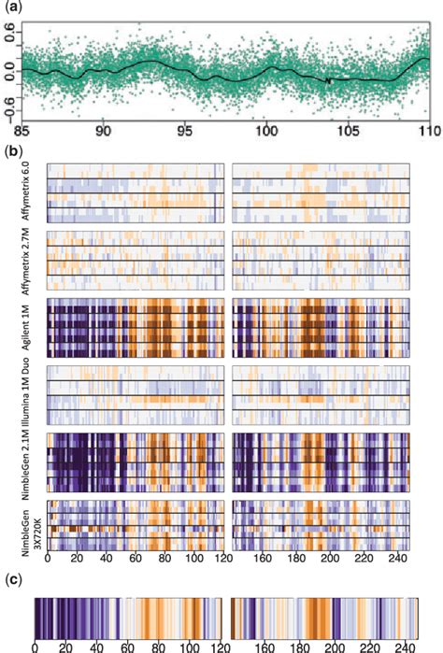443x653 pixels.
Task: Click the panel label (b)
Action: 11,149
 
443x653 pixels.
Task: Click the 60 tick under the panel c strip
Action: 121,646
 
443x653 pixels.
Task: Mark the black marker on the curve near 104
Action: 329,80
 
